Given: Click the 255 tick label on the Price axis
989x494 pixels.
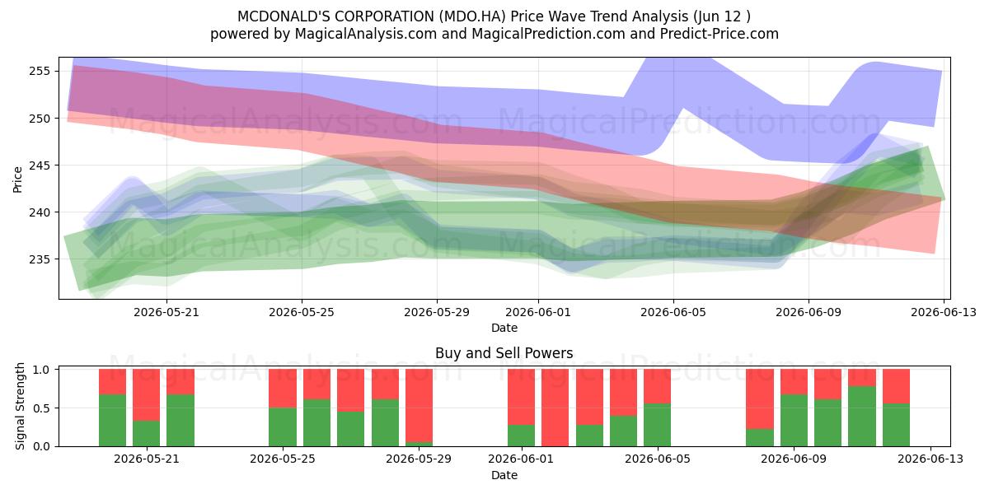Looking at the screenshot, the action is coord(39,71).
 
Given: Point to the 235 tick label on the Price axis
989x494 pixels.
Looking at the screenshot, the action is coord(39,259).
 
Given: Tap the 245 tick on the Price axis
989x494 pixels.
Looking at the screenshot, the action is coord(39,165).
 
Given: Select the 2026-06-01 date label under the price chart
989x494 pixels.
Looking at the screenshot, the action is coord(538,312).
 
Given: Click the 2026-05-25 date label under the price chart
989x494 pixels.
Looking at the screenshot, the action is coord(302,312).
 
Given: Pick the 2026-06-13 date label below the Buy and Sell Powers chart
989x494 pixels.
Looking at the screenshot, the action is coord(930,459).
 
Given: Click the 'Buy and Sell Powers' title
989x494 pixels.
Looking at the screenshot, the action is coord(504,353).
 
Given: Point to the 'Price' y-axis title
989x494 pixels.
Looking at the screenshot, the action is coord(17,179).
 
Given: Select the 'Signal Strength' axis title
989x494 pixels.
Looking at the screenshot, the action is coord(20,406).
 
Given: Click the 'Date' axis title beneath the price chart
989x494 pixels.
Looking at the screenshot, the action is coord(504,328).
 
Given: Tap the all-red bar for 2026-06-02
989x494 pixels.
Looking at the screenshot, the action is coord(555,408).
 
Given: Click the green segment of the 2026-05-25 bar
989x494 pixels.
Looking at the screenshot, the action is coord(283,427).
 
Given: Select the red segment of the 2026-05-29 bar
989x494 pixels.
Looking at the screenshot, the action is coord(419,405).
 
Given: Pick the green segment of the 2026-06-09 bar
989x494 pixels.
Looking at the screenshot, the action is coord(794,421).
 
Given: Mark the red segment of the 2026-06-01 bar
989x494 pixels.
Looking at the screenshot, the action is coord(521,397).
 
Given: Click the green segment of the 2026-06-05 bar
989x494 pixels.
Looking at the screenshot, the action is coord(657,425).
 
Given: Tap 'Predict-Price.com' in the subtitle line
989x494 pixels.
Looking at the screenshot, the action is coord(719,34).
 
